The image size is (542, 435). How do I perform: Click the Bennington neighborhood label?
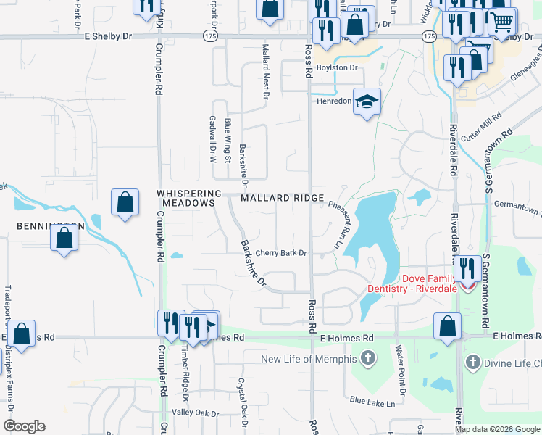(x=48, y=226)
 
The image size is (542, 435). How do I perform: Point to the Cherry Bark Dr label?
(x=282, y=253)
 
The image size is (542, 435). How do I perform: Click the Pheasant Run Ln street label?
(x=335, y=225)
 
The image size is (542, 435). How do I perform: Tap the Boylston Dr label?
(x=338, y=67)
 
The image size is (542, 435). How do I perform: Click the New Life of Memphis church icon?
(x=369, y=358)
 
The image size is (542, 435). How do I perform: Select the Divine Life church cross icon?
(x=472, y=361)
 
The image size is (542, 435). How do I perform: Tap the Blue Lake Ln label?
(x=376, y=400)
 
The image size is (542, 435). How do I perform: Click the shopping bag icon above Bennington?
(x=125, y=202)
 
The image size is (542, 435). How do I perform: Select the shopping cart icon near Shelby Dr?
(x=501, y=22)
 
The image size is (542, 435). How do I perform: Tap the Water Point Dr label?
(x=399, y=365)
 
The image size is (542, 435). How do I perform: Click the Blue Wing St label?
(x=227, y=139)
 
